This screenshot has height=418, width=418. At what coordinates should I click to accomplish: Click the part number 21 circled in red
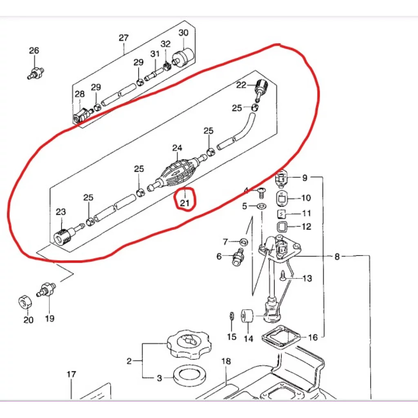tap(185, 203)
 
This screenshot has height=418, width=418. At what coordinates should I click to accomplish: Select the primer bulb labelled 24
tap(176, 171)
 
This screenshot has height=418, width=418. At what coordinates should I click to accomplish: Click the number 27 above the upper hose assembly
tap(124, 38)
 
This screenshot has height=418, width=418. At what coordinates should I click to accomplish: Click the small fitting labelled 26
tap(36, 73)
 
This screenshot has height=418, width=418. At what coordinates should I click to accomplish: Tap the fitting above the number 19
tap(46, 290)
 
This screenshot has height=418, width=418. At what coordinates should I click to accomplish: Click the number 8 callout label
tap(337, 256)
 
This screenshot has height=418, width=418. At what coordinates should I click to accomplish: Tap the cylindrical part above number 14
tap(247, 316)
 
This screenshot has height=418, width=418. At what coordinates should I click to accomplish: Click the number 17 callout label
tap(71, 375)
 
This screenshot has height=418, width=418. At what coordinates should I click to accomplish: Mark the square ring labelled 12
tap(282, 227)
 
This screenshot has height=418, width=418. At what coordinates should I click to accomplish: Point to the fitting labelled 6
tap(238, 257)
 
